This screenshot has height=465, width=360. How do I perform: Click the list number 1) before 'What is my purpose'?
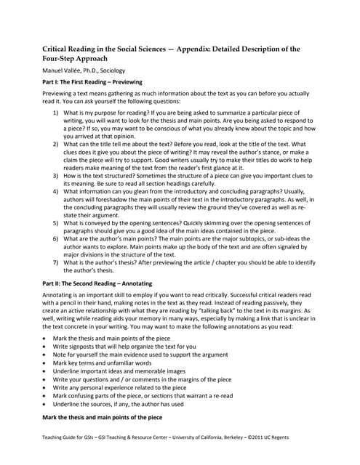pyautogui.click(x=57, y=114)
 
